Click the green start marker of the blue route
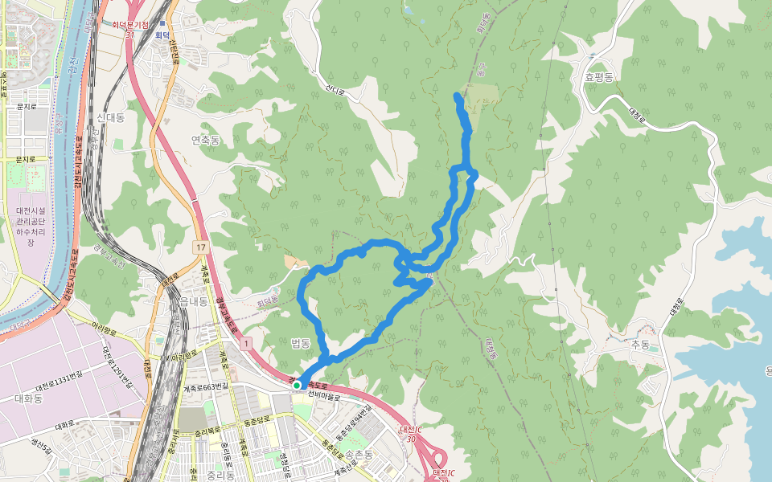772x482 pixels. [x=297, y=386]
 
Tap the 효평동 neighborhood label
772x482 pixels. [x=599, y=77]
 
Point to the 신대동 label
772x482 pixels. [x=110, y=117]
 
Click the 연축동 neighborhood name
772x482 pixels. [x=205, y=140]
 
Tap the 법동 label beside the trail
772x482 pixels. [x=301, y=343]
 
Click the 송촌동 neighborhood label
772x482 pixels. [x=359, y=454]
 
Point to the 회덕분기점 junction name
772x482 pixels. [x=130, y=25]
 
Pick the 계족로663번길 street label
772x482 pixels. [x=207, y=387]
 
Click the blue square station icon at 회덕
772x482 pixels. [x=162, y=24]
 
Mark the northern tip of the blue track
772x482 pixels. [x=458, y=96]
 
